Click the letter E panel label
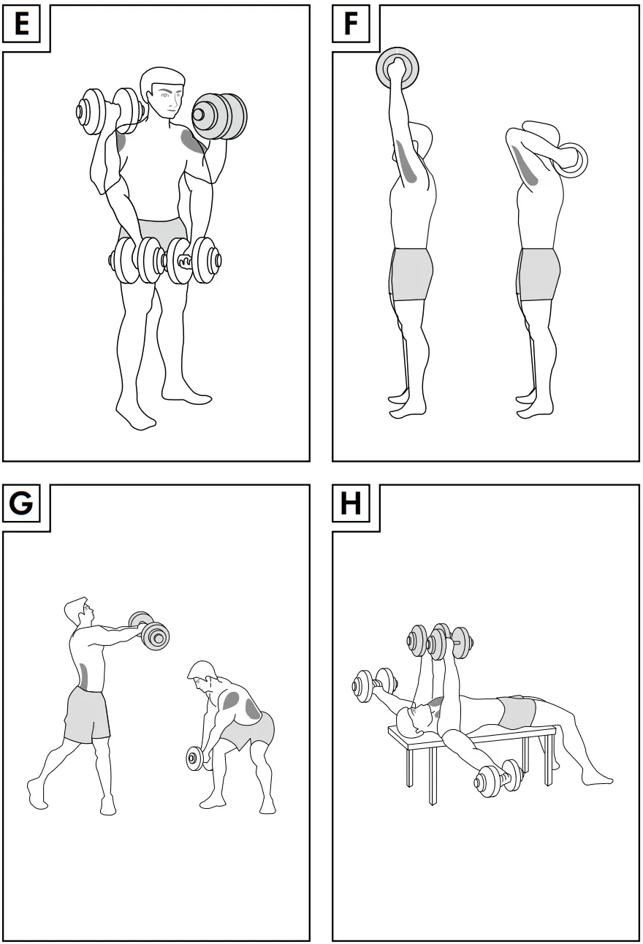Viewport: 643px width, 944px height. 22,25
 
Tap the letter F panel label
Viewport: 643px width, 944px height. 351,25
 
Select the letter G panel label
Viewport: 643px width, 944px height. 22,504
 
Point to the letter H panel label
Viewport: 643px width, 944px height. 351,504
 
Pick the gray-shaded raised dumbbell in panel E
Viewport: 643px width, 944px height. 220,115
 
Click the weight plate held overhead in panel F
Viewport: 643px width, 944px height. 398,69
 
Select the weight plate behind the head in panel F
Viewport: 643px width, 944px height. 570,160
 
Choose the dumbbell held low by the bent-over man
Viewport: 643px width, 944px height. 196,758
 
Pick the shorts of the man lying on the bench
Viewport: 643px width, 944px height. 517,712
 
